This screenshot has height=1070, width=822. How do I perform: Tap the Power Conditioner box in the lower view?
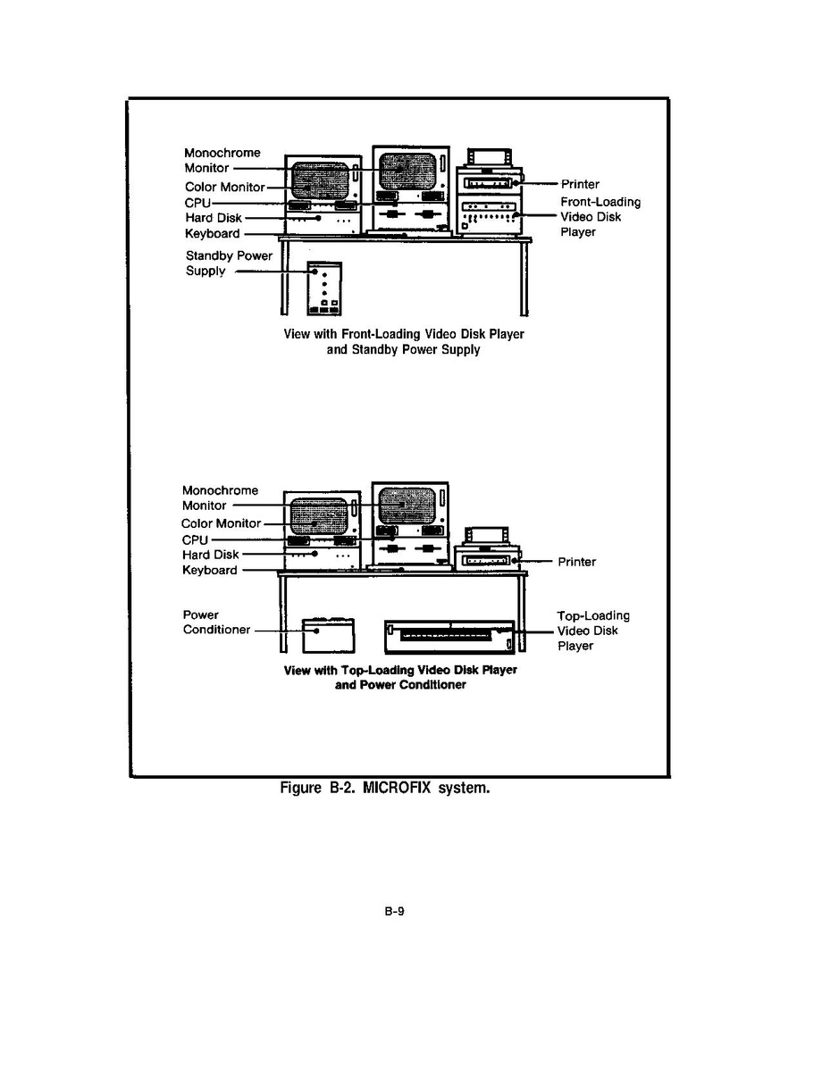point(328,635)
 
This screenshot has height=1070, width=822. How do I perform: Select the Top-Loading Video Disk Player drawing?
point(449,635)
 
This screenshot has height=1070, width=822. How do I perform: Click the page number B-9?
point(396,912)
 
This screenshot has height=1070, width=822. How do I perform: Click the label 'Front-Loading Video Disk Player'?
point(600,217)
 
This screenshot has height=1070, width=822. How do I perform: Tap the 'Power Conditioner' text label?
point(217,623)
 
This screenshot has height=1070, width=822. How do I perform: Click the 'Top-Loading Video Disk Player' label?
point(592,631)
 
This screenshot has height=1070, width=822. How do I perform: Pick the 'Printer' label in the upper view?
point(580,184)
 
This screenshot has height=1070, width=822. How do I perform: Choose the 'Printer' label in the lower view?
point(576,562)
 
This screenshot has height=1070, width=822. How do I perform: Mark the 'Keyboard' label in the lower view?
point(210,570)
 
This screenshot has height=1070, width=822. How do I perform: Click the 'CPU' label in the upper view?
point(197,203)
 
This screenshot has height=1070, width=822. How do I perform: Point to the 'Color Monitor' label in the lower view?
point(221,523)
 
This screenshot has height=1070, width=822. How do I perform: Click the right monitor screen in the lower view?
point(407,507)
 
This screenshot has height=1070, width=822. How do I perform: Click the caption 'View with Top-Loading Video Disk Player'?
point(400,670)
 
